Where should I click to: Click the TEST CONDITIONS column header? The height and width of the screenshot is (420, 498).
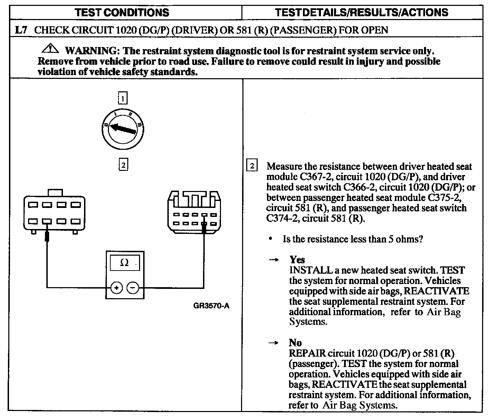[122, 13]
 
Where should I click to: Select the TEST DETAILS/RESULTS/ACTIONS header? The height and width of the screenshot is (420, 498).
[361, 13]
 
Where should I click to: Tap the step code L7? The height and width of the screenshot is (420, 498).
[21, 30]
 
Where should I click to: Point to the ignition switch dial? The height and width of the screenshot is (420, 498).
[123, 129]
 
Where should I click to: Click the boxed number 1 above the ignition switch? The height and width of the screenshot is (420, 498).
[123, 99]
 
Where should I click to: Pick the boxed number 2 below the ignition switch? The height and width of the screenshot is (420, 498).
[123, 165]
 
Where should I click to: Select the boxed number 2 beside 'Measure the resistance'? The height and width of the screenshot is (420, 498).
[252, 166]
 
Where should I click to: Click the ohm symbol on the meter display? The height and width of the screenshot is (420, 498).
[124, 263]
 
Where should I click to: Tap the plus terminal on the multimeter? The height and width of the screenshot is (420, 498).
[117, 287]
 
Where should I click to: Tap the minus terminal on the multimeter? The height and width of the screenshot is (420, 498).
[133, 287]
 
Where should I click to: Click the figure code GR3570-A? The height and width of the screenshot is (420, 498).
[211, 306]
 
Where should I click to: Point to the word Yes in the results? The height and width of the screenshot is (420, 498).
[297, 259]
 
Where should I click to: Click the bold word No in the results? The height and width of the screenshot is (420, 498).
[295, 343]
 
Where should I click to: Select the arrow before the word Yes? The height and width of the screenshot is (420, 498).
[274, 260]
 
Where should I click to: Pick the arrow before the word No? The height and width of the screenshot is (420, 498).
[274, 343]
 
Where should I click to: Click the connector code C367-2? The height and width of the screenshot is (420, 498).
[314, 177]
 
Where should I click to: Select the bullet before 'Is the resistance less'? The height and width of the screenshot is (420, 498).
[270, 239]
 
